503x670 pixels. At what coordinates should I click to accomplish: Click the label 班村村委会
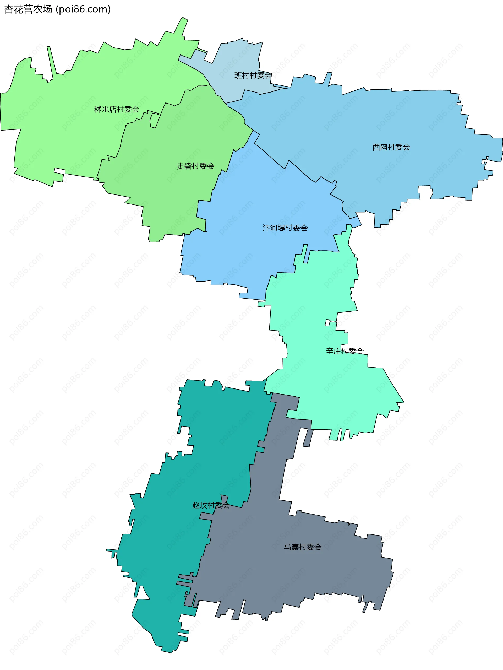253,75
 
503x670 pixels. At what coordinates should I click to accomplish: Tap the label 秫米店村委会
117,109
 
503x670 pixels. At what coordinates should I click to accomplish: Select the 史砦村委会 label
195,166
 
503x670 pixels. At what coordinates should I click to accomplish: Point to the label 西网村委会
391,147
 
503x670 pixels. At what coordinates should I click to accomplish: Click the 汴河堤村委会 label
285,228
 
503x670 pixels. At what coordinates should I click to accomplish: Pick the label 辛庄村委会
345,351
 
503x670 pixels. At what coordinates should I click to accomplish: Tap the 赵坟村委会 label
211,505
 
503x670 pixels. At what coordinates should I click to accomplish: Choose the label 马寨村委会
302,547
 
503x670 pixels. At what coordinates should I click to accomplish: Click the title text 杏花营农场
28,9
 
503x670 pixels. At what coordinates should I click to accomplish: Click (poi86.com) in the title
83,9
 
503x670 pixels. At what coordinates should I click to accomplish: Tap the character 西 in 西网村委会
376,147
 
